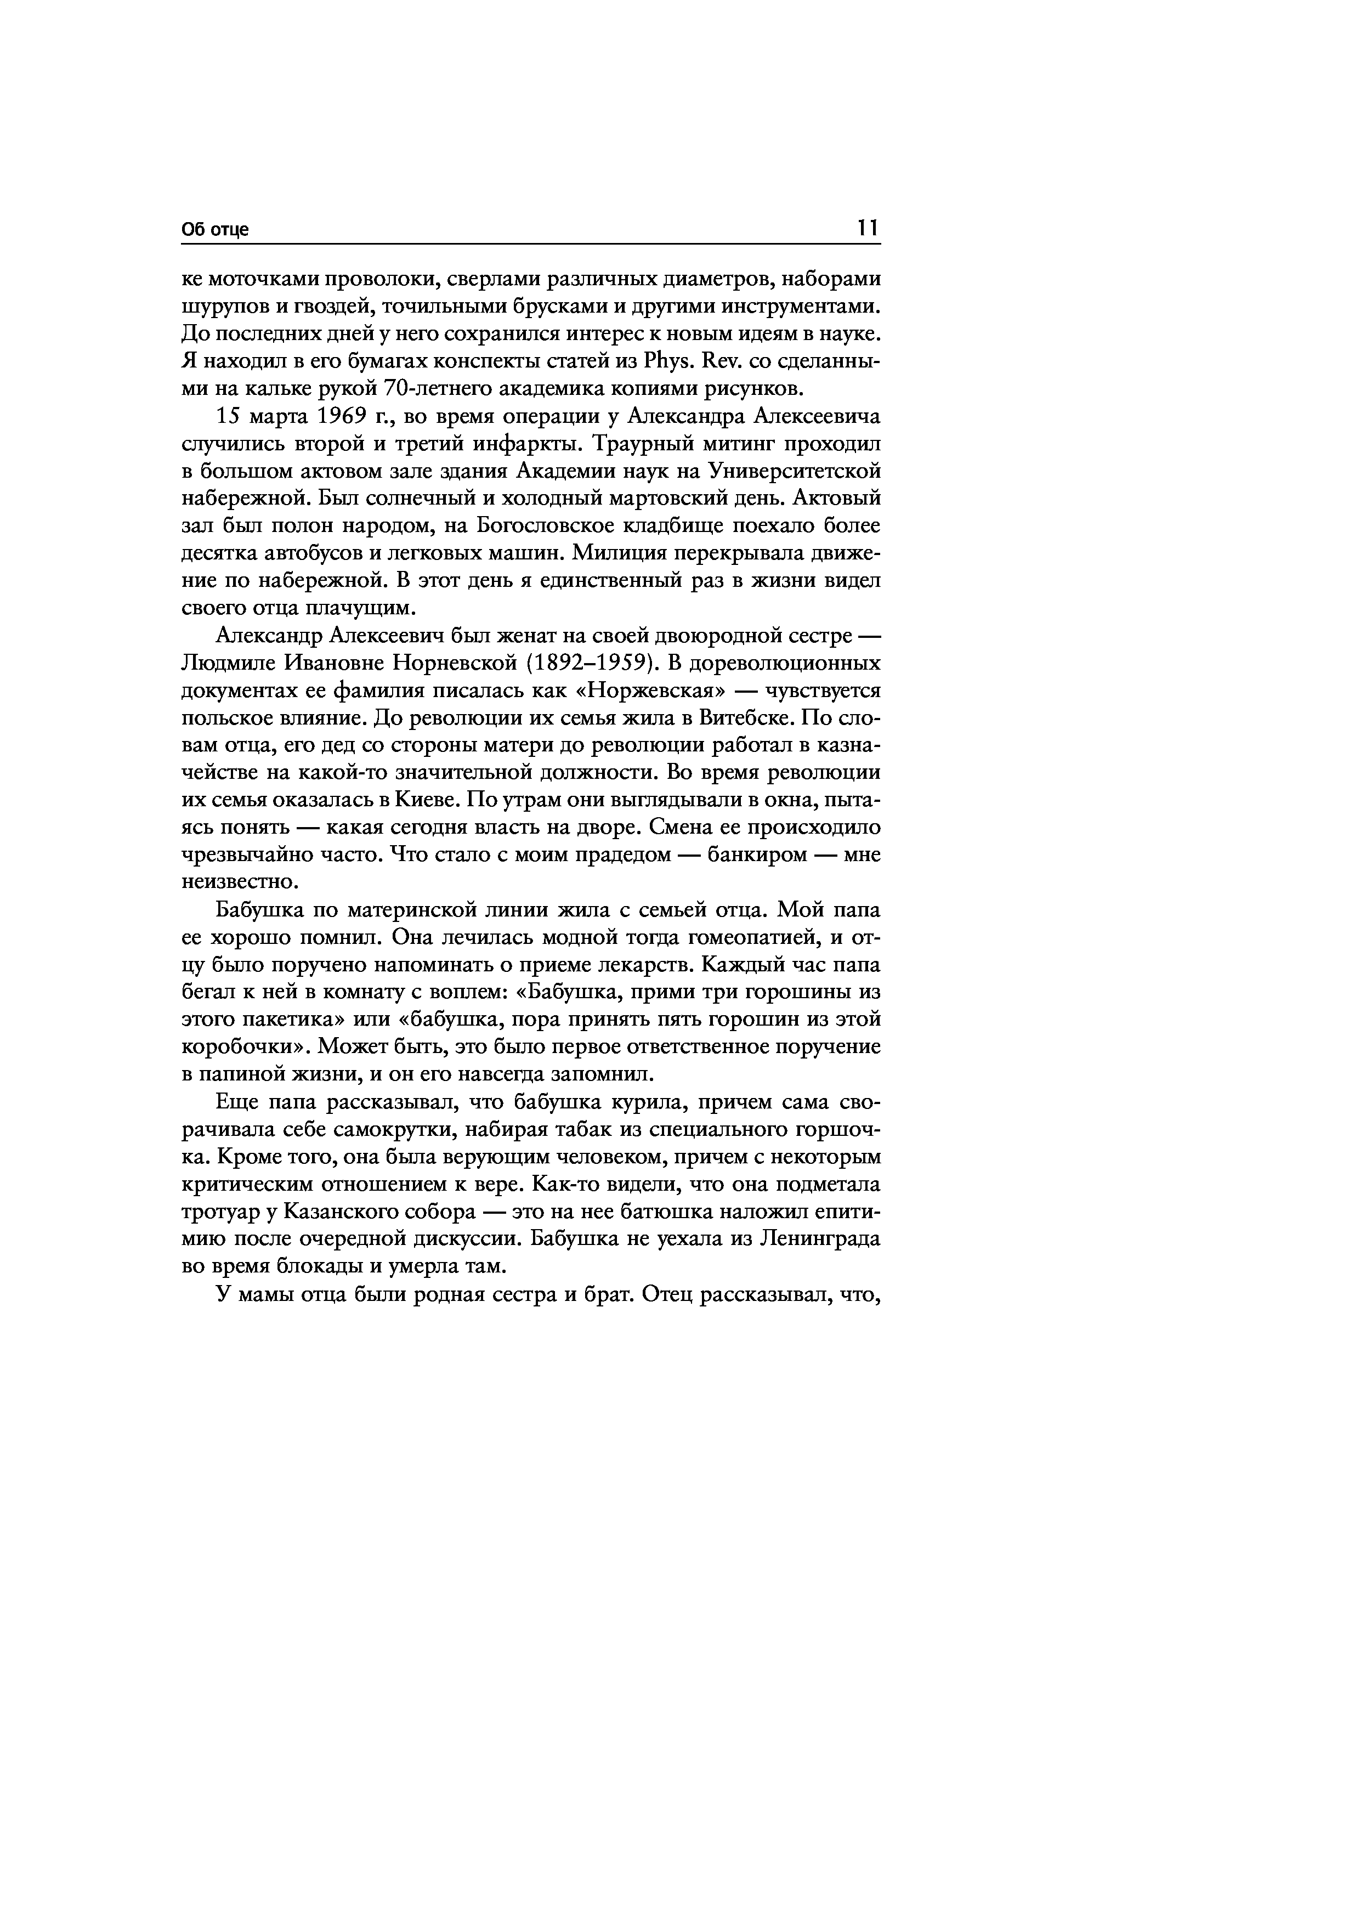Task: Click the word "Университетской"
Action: [795, 472]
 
